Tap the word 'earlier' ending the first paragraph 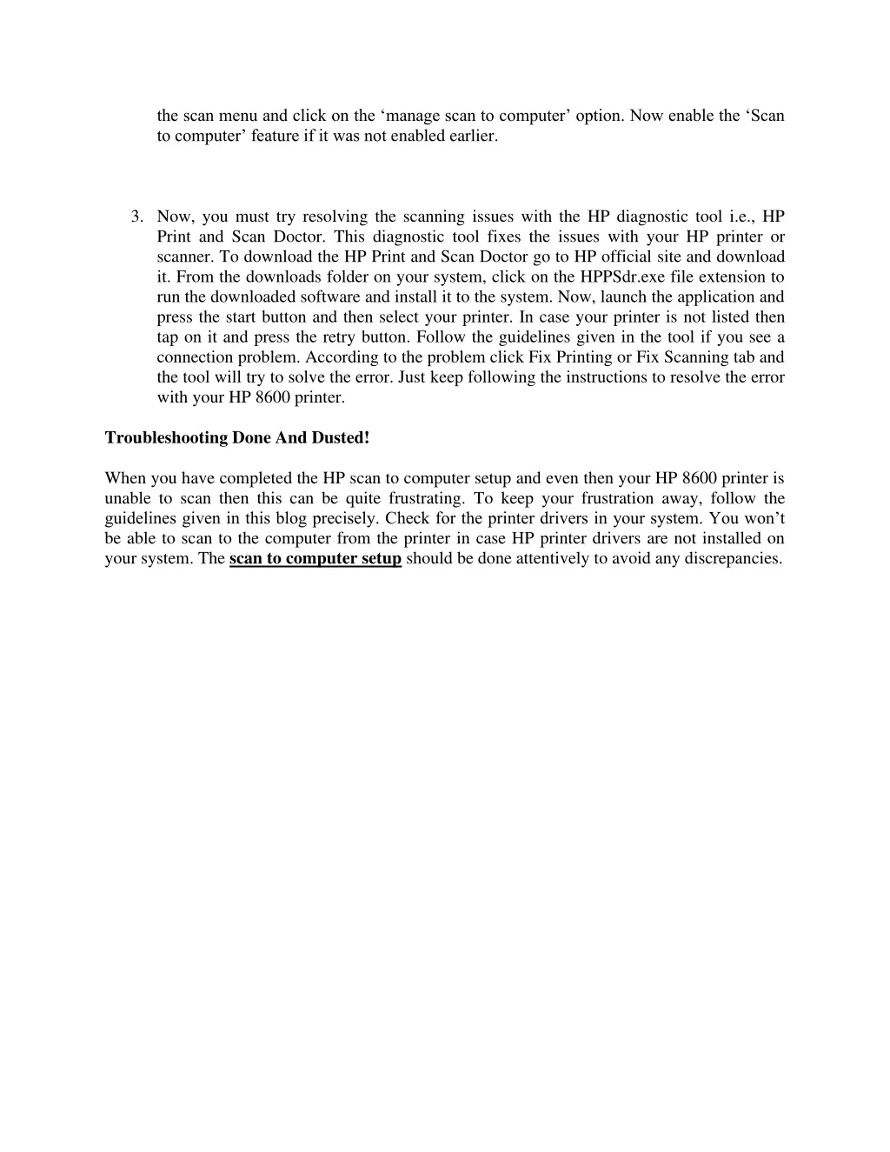click(472, 136)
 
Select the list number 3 click(136, 216)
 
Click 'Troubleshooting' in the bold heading click(166, 437)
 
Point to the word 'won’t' click(764, 518)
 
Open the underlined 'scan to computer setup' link click(315, 558)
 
